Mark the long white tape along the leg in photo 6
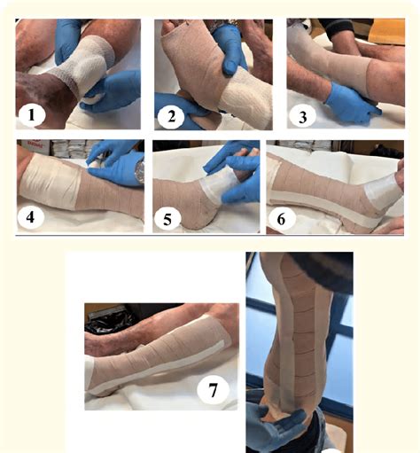click(x=319, y=195)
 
